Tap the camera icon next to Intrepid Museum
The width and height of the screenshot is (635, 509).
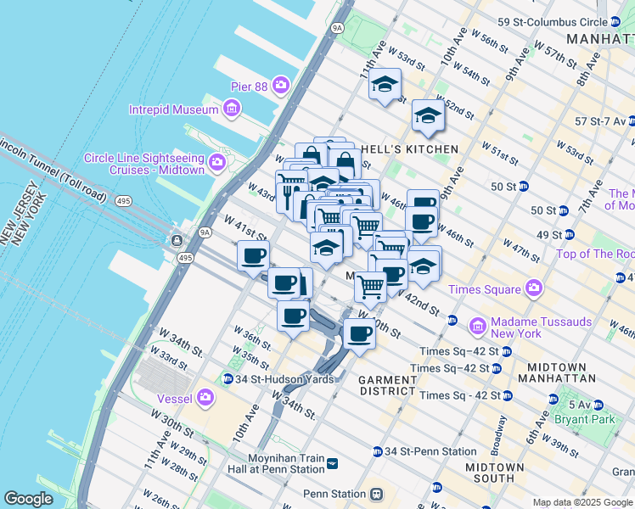tap(231, 109)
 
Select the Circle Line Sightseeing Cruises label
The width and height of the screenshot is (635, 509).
tap(144, 164)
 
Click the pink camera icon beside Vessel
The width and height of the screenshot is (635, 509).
tap(205, 397)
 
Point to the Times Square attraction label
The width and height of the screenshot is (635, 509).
tap(483, 289)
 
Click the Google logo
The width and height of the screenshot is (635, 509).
tap(29, 499)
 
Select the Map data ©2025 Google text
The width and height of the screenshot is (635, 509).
tap(582, 502)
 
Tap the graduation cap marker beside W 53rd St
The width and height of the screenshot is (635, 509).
tap(385, 84)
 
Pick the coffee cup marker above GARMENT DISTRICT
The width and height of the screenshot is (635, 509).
tap(359, 333)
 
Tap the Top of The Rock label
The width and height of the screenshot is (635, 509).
tap(594, 254)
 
